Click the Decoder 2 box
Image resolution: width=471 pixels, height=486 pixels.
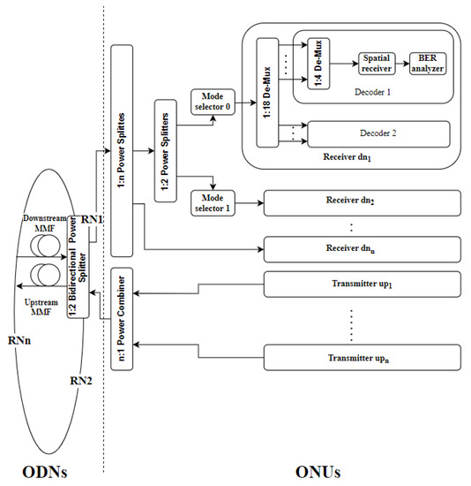coord(377,135)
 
